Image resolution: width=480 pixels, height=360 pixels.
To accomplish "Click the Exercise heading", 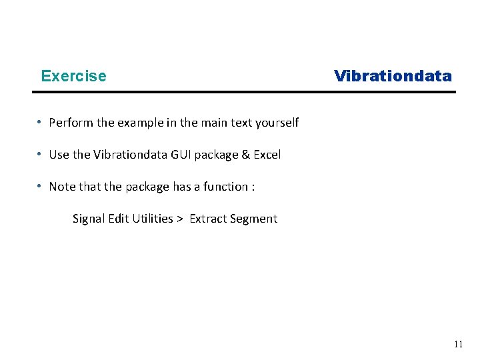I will tap(73, 76).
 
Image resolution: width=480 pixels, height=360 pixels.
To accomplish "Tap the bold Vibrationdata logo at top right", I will tap(393, 76).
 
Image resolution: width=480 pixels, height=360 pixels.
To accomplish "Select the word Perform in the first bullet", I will tap(71, 123).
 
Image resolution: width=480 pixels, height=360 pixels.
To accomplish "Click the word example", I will tap(142, 123).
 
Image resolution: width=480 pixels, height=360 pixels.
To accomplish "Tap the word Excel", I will tap(267, 155).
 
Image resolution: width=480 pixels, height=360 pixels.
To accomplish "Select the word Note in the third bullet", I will tap(62, 187).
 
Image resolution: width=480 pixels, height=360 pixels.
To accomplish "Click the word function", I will tap(225, 187).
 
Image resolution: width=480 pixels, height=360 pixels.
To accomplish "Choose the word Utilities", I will tap(152, 219).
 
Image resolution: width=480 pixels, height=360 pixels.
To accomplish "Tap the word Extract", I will tap(209, 219).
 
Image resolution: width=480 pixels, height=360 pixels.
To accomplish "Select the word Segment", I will tap(254, 219).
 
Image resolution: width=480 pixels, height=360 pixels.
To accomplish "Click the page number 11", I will tap(458, 345).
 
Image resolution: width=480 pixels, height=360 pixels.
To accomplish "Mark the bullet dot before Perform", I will tap(41, 122).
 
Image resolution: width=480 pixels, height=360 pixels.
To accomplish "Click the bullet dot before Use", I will tap(41, 154).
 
